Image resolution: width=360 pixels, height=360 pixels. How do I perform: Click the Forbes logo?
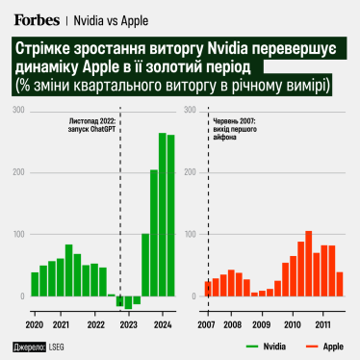coord(37,17)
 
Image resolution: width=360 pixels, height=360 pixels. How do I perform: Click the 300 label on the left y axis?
coord(18,111)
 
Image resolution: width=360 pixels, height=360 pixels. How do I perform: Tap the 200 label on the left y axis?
coord(18,172)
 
